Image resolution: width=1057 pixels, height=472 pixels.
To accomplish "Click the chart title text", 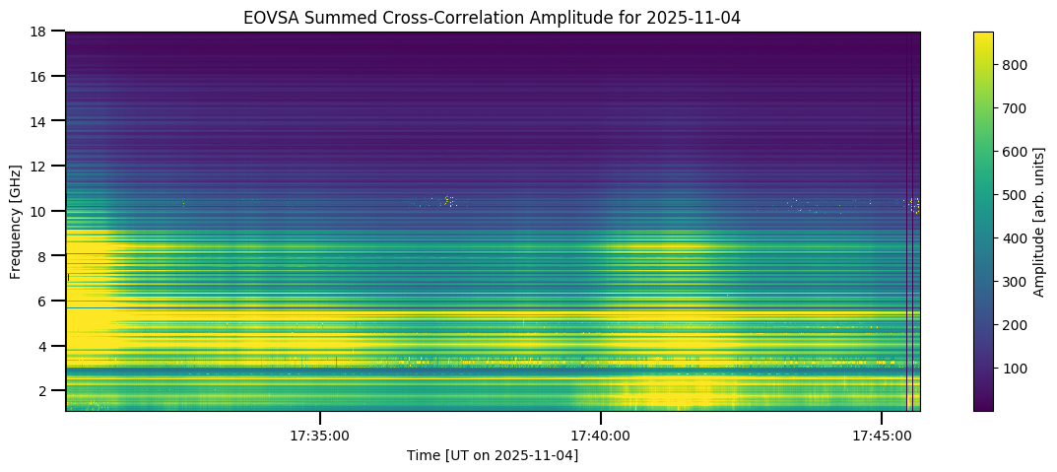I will (x=492, y=17).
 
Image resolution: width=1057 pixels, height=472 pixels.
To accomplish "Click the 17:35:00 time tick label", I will (x=320, y=435).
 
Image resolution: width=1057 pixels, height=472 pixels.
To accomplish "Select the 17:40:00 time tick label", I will (x=601, y=435).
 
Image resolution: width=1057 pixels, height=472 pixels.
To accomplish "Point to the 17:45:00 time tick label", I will (x=882, y=435).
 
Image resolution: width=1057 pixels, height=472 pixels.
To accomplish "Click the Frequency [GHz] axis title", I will (x=17, y=221).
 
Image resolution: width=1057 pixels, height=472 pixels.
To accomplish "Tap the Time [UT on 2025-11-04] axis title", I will (x=493, y=455).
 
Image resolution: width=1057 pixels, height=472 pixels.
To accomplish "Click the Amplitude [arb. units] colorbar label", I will (x=1039, y=221).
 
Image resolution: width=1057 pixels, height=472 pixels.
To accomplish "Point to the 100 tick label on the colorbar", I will (x=1015, y=369).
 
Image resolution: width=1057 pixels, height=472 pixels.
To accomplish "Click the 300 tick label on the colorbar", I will (x=1015, y=282).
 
